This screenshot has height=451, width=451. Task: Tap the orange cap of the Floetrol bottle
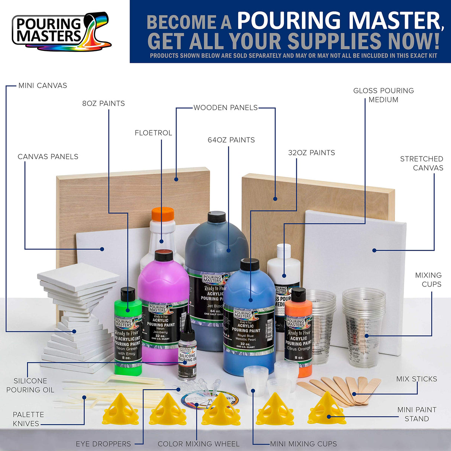coord(163,214)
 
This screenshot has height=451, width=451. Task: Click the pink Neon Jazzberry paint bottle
coord(162,297)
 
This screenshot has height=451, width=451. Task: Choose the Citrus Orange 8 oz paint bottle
coord(298,334)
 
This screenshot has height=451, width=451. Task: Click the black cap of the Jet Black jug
coord(217,217)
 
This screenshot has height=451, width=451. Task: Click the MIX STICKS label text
coord(416,379)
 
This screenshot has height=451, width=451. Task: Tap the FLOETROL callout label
coord(153,133)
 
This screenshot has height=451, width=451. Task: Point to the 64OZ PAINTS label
coord(231,140)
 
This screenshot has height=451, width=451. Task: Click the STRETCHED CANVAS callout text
coord(421,163)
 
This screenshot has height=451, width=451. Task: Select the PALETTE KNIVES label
coord(28,419)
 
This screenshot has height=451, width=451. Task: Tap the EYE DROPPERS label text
coord(103,444)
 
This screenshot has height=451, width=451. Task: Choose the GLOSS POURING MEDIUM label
coord(383,95)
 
